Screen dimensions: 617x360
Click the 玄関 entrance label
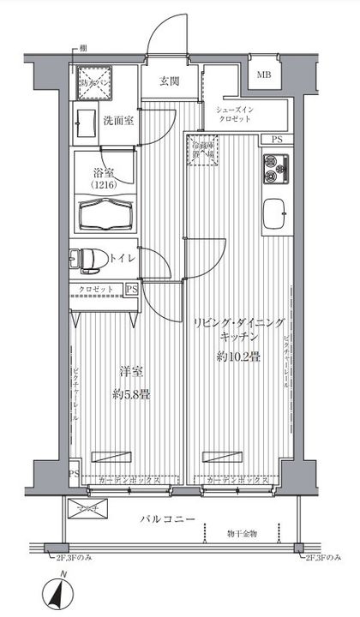(168, 82)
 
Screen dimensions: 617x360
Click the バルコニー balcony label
(171, 520)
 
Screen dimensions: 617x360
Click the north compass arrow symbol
(60, 591)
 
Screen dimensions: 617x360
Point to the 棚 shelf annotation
(82, 50)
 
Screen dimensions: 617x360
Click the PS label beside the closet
(131, 289)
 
